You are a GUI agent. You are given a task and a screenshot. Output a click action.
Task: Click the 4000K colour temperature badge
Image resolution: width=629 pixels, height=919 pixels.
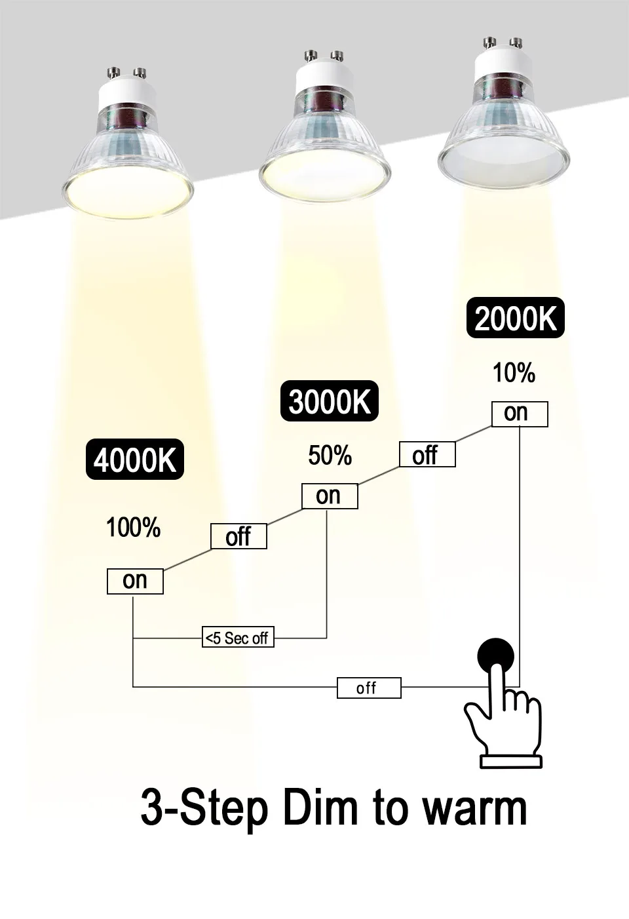click(x=135, y=460)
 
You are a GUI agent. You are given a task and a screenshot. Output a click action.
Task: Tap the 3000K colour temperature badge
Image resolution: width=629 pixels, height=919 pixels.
click(x=329, y=401)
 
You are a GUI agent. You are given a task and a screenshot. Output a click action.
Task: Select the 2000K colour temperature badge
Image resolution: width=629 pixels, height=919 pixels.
click(x=515, y=319)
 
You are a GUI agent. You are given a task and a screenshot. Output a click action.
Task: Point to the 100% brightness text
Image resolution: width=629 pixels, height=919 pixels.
click(x=134, y=528)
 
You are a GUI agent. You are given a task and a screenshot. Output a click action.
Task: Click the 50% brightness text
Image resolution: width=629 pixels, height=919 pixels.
click(x=330, y=456)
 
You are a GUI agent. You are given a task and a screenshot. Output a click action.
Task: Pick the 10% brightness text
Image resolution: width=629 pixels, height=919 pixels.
click(x=514, y=373)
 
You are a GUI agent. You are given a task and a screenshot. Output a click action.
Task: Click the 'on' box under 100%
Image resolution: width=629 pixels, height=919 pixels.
click(x=135, y=581)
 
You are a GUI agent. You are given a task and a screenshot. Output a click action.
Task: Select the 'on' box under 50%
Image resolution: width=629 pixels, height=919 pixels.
click(x=330, y=496)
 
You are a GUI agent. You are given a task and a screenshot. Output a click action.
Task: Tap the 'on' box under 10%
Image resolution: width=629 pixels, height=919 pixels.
click(x=520, y=414)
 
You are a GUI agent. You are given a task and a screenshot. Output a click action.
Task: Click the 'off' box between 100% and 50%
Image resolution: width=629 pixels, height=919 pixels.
click(x=238, y=537)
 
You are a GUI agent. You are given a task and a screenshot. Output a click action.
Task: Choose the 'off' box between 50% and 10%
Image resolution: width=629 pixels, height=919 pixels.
click(x=427, y=454)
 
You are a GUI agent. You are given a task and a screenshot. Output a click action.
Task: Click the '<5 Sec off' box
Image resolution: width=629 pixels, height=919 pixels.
click(x=237, y=637)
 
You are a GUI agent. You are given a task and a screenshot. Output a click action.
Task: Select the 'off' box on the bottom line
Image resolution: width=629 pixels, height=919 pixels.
click(x=369, y=688)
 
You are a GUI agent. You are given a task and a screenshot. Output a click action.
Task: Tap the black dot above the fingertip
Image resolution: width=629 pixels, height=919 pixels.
click(x=495, y=655)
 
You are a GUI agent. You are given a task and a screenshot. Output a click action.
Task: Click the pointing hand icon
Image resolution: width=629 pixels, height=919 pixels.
click(x=505, y=721)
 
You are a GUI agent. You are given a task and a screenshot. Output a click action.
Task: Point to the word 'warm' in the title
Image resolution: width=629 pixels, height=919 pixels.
click(x=474, y=808)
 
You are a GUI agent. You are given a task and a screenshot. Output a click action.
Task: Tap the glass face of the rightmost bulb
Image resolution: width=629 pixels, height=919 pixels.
click(x=503, y=161)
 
